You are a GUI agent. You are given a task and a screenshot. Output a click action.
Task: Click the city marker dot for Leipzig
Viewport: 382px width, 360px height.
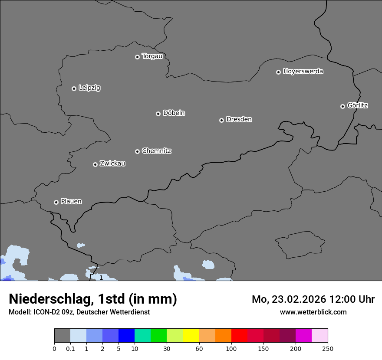click(74, 88)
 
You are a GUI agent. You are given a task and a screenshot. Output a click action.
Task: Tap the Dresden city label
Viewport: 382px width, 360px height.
click(239, 119)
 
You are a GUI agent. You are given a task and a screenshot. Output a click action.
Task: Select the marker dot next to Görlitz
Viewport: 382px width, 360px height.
click(342, 106)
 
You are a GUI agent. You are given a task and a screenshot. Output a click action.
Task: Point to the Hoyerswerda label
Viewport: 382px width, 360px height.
click(303, 72)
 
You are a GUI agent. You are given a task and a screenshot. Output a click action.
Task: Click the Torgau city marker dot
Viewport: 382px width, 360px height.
click(137, 57)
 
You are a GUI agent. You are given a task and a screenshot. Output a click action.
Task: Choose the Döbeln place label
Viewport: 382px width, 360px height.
click(174, 113)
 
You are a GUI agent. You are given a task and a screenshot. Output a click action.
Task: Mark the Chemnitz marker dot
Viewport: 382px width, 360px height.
click(137, 151)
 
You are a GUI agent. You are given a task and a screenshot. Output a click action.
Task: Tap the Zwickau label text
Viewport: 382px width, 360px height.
click(112, 164)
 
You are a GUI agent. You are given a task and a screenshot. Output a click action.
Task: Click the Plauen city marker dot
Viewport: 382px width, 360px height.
click(56, 202)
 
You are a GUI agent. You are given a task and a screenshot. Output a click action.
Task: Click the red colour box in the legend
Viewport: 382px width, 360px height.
click(239, 336)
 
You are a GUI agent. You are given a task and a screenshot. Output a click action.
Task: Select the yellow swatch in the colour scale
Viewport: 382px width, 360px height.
click(191, 336)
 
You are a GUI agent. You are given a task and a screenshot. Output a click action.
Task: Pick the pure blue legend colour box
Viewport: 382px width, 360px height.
click(126, 336)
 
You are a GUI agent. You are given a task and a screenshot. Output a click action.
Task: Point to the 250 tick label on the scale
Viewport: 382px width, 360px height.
click(328, 348)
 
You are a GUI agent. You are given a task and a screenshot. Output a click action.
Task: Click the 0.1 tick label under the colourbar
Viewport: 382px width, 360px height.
click(70, 348)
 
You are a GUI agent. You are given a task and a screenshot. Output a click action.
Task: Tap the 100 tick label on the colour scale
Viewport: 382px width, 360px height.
click(231, 348)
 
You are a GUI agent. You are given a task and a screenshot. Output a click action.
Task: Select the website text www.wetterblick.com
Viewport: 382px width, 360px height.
click(313, 312)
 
